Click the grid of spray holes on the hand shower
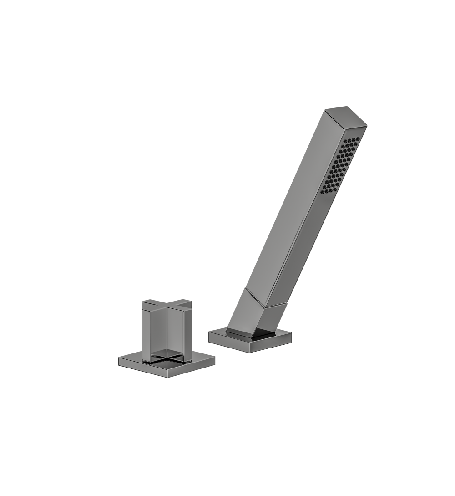(x=341, y=165)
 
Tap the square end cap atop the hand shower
(x=346, y=116)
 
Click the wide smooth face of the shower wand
(x=291, y=205)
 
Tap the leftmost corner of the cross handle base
(x=119, y=360)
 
